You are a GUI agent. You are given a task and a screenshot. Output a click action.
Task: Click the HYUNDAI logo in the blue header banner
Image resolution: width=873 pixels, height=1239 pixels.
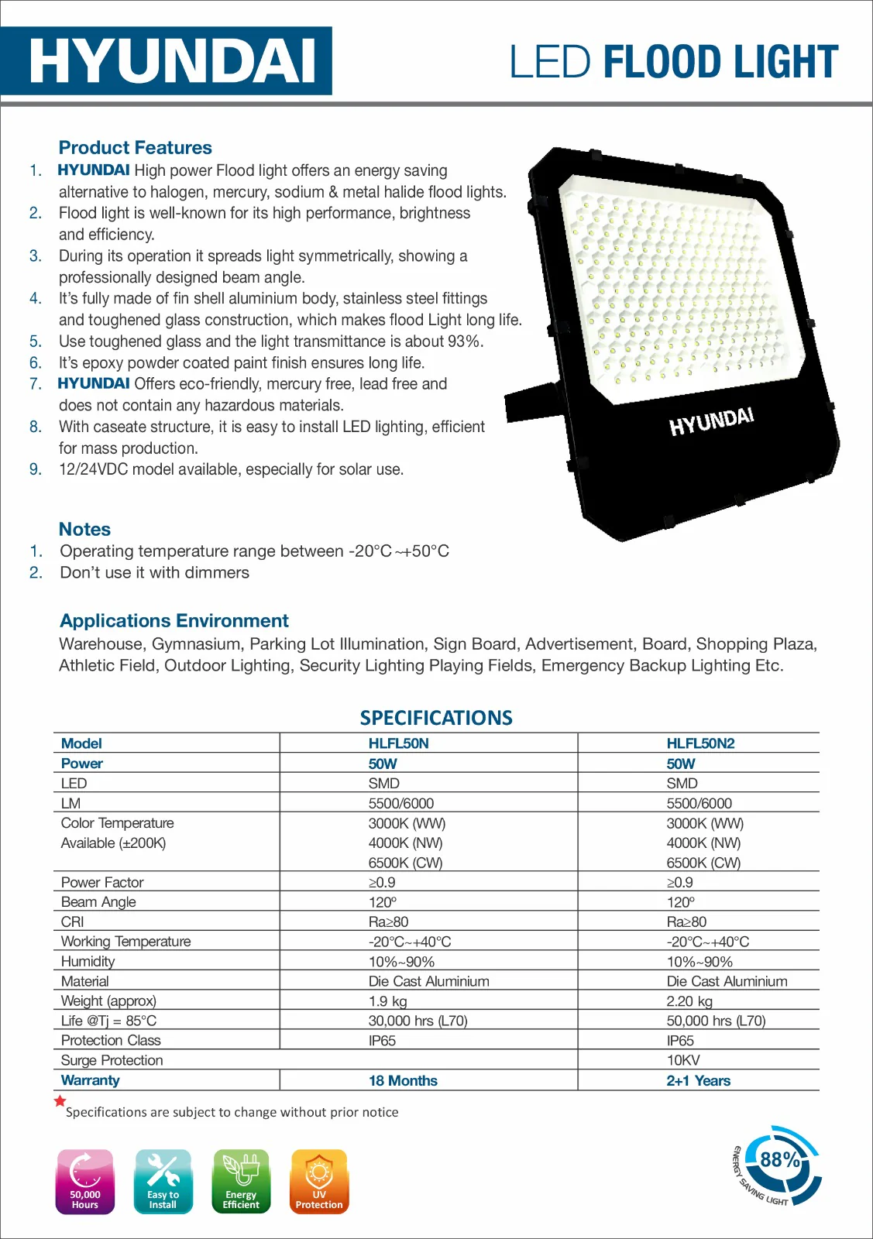172,61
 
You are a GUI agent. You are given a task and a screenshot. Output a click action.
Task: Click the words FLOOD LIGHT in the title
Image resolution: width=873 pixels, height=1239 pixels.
720,62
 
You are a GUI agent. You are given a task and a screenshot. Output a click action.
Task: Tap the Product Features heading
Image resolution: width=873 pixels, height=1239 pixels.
135,147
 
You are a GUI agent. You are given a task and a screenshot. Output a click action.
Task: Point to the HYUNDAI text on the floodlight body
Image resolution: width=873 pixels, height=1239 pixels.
711,421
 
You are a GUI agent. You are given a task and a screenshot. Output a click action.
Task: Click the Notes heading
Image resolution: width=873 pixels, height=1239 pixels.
84,529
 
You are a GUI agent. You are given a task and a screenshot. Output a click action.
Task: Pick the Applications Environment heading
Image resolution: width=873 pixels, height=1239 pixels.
174,620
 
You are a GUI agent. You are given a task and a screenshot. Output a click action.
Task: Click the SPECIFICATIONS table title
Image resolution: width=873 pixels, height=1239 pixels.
436,718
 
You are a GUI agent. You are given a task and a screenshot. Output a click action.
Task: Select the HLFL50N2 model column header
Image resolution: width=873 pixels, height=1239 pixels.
700,743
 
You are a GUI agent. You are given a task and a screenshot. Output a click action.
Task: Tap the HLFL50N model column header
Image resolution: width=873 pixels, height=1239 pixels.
398,743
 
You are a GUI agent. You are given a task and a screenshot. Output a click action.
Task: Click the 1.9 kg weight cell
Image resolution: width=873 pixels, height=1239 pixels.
387,1001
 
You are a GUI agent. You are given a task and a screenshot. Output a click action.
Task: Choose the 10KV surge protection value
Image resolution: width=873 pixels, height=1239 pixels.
683,1060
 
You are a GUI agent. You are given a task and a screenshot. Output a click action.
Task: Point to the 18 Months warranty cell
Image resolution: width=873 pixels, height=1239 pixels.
403,1080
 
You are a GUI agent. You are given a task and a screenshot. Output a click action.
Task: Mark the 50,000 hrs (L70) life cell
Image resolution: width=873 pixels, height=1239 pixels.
716,1021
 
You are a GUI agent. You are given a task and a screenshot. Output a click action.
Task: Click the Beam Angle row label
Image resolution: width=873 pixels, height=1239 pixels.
98,902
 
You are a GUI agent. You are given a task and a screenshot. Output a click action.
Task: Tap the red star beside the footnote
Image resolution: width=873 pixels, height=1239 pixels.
60,1100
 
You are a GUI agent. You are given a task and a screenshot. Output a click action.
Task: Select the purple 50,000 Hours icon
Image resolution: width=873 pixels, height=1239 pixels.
85,1181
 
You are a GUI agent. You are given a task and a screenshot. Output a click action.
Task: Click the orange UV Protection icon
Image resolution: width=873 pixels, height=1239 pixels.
319,1181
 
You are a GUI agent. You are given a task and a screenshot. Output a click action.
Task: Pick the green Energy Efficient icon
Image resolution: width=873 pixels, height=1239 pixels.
241,1181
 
